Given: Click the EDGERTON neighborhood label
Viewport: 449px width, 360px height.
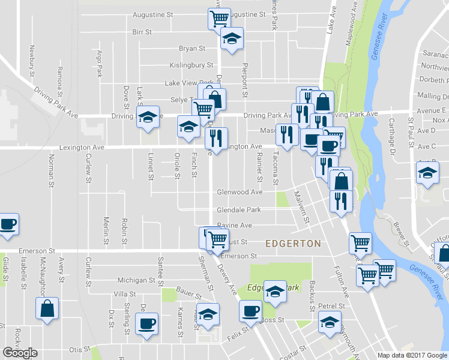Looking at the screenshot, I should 293,244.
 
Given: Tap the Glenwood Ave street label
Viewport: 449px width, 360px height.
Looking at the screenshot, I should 240,192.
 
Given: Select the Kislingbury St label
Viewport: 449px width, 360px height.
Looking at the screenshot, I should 191,65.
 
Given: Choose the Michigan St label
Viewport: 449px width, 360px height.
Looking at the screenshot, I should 136,280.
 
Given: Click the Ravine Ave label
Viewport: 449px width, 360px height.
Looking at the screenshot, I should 234,225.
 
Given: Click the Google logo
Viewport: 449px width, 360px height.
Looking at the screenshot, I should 20,353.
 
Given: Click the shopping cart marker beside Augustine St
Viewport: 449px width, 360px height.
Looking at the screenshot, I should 218,19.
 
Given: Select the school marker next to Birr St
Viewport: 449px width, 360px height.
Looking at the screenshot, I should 231,39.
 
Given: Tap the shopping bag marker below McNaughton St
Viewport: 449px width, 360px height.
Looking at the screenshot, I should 47,310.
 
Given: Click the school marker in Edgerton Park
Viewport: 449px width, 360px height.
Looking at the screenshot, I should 274,292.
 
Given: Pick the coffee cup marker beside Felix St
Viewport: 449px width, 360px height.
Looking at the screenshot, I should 250,311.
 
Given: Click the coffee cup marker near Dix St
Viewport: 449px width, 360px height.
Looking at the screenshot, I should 146,325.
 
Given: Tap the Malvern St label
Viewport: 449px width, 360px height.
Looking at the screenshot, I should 302,207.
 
